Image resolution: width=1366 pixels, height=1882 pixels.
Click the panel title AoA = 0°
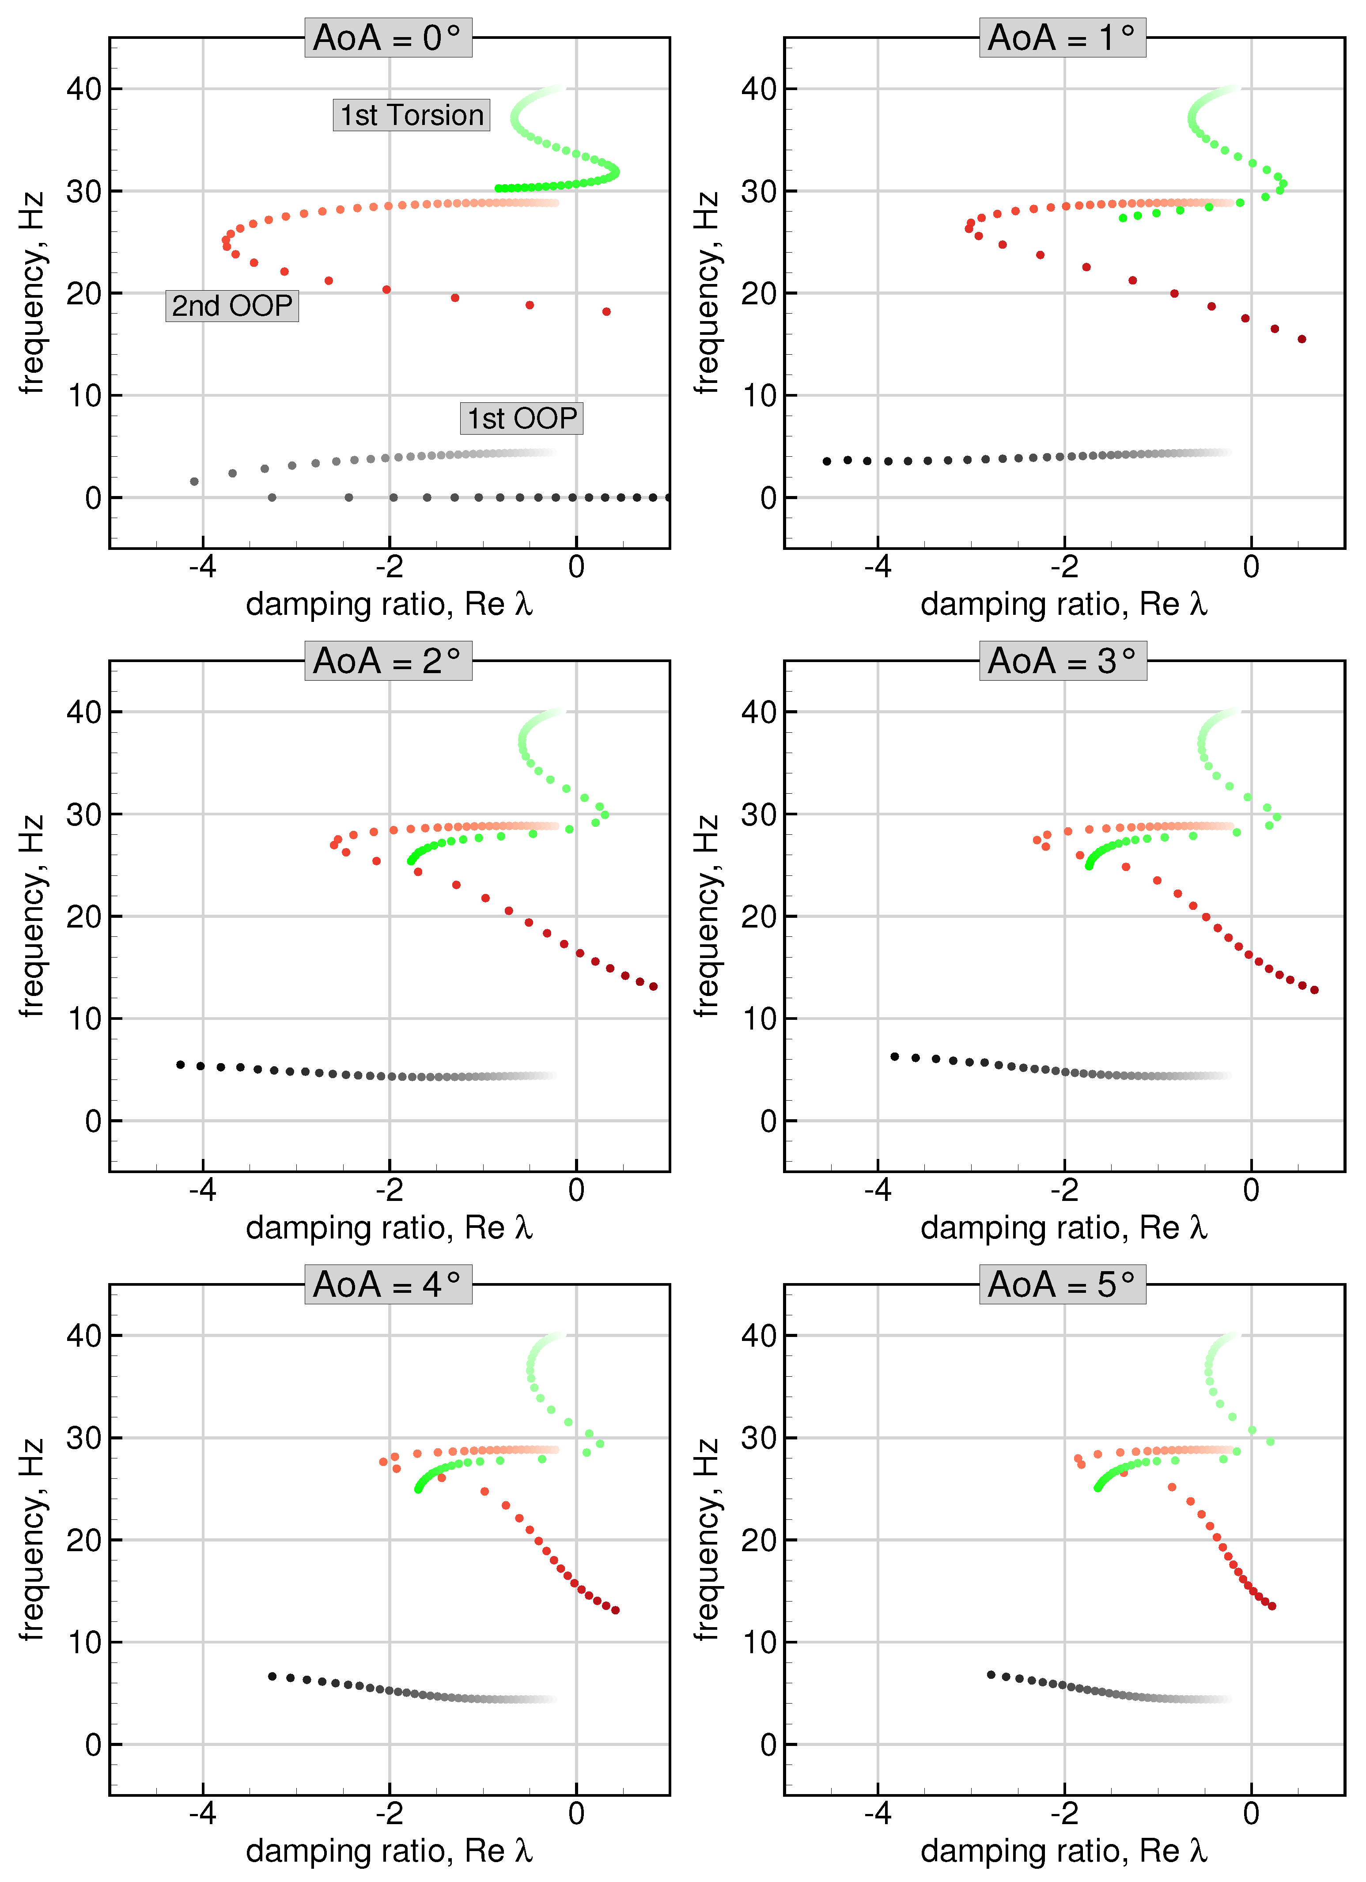pos(388,38)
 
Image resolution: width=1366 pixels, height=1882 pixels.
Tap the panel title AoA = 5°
pos(1062,1284)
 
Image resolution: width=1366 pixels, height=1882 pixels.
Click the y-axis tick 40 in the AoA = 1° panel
pos(758,89)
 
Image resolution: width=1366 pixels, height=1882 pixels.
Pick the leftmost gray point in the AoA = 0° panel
pos(194,481)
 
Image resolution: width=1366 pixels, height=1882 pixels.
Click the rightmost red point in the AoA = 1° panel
pos(1301,339)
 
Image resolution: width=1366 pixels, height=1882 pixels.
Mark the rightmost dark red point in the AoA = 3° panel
pos(1314,990)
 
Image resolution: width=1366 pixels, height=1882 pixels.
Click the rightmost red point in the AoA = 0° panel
pos(607,312)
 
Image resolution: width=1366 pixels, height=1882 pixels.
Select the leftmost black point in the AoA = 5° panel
pos(991,1674)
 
